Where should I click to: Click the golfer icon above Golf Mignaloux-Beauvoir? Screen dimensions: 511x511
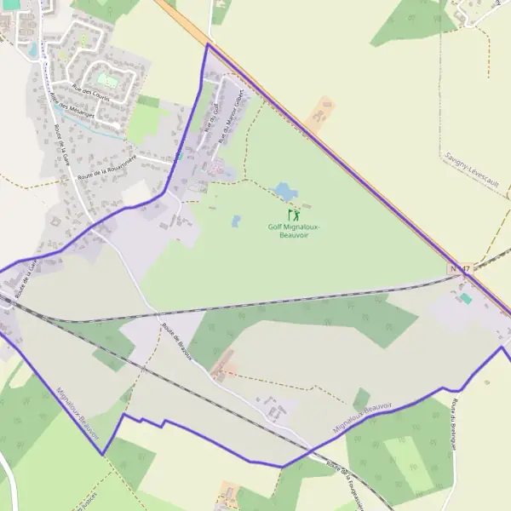[293, 215]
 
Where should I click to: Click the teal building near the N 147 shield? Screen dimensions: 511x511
[465, 299]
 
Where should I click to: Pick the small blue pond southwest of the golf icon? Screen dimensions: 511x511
[236, 221]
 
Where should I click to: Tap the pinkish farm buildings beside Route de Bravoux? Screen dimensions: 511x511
[225, 373]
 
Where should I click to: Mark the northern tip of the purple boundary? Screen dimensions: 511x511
[207, 44]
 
